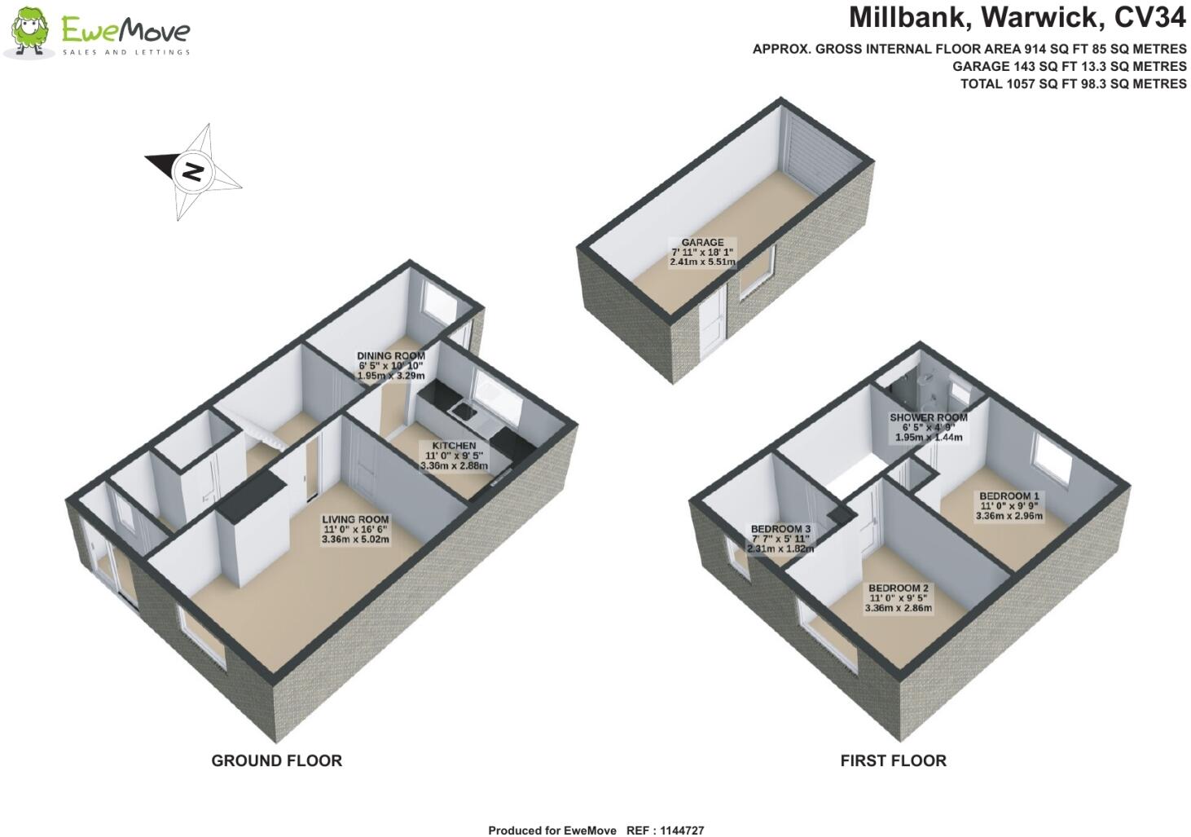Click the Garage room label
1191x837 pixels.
click(x=702, y=242)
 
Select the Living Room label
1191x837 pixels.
click(x=355, y=520)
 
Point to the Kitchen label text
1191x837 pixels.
click(x=454, y=446)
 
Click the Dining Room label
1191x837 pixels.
click(x=391, y=356)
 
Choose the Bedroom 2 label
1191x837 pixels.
click(x=899, y=588)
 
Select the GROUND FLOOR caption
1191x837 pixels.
click(x=276, y=760)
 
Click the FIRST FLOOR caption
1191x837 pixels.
click(x=893, y=760)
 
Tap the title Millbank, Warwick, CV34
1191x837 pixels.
click(x=1017, y=17)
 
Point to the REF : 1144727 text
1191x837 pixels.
click(x=665, y=830)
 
